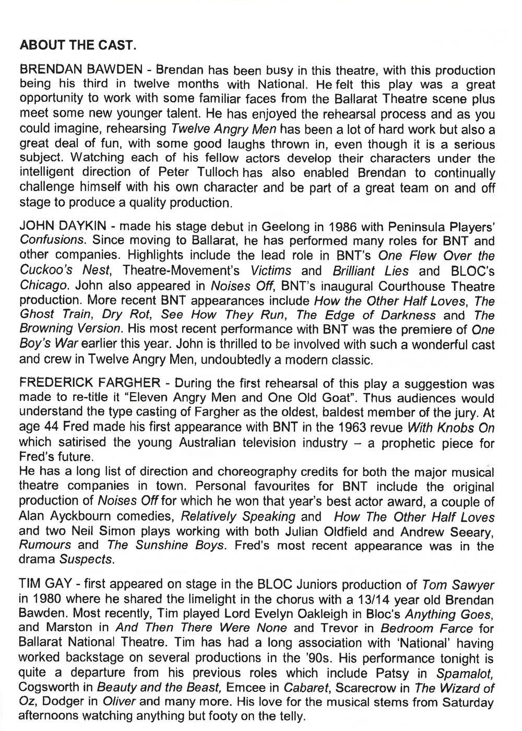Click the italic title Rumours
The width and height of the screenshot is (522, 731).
pyautogui.click(x=44, y=546)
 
